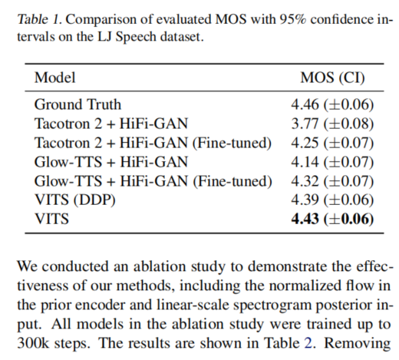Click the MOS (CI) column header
pyautogui.click(x=331, y=78)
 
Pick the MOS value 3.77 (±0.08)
pyautogui.click(x=331, y=122)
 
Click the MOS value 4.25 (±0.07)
pyautogui.click(x=331, y=142)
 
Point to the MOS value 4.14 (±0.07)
pyautogui.click(x=331, y=162)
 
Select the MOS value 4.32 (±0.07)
pyautogui.click(x=331, y=181)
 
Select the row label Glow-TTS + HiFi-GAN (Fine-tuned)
pyautogui.click(x=153, y=181)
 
